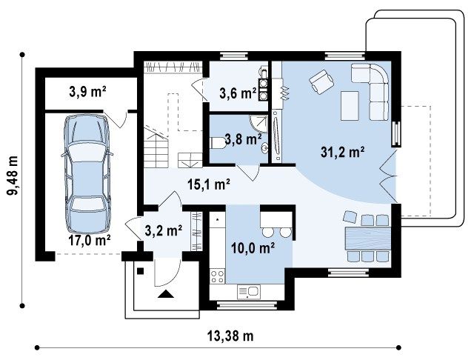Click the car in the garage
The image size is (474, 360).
pyautogui.click(x=87, y=173)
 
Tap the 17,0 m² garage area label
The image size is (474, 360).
pyautogui.click(x=89, y=241)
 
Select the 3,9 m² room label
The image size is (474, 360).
pyautogui.click(x=87, y=92)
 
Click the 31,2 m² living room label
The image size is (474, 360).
pyautogui.click(x=342, y=152)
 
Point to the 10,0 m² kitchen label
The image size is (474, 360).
pyautogui.click(x=253, y=248)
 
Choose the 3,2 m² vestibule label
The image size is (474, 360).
pyautogui.click(x=164, y=230)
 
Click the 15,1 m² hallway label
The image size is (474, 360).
pyautogui.click(x=209, y=184)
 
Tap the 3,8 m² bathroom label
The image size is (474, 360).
pyautogui.click(x=244, y=140)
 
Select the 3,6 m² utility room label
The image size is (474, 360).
pyautogui.click(x=238, y=93)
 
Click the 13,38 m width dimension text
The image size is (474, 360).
pyautogui.click(x=230, y=336)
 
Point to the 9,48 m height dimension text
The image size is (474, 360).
pyautogui.click(x=13, y=180)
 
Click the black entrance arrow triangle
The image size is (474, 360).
pyautogui.click(x=166, y=294)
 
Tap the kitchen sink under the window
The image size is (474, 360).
pyautogui.click(x=249, y=292)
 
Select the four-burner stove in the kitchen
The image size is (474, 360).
pyautogui.click(x=217, y=276)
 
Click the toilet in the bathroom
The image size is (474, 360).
pyautogui.click(x=218, y=143)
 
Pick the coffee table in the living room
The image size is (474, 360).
pyautogui.click(x=350, y=106)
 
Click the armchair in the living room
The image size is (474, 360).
pyautogui.click(x=321, y=81)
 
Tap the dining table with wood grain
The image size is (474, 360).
pyautogui.click(x=367, y=239)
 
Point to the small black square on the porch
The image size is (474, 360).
pyautogui.click(x=140, y=271)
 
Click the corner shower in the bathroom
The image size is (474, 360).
pyautogui.click(x=260, y=123)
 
